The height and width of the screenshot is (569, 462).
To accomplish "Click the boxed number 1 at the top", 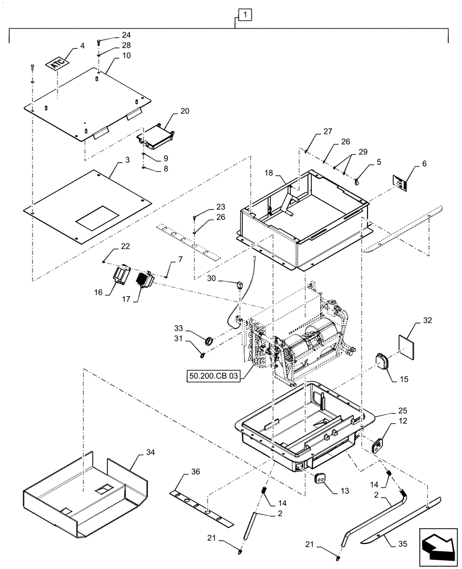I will (242, 14).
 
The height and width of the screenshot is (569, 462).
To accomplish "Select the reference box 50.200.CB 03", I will (211, 376).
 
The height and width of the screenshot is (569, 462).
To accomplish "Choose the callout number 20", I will (168, 111).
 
